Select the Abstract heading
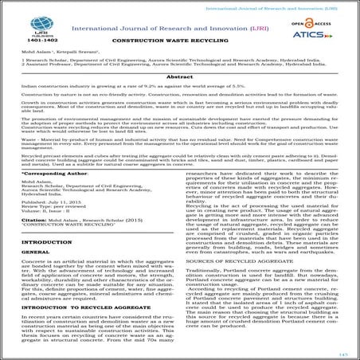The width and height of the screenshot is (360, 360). click(x=180, y=94)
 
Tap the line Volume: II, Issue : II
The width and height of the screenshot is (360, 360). click(x=45, y=237)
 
